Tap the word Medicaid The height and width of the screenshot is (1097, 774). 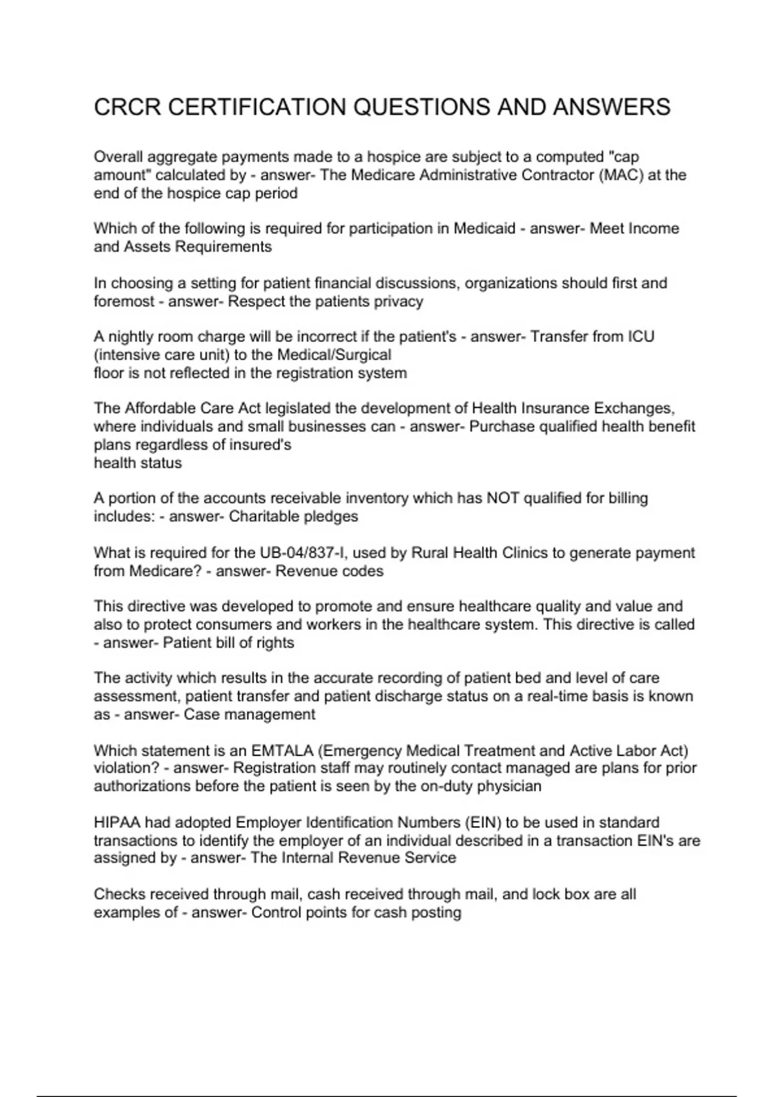[x=484, y=228]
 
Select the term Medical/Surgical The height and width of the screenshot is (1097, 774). [x=334, y=355]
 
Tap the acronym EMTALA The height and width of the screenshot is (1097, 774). [x=281, y=750]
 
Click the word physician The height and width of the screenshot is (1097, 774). [x=510, y=786]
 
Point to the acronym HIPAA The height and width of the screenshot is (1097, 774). [x=117, y=822]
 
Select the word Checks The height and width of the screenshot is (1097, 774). [x=116, y=894]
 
